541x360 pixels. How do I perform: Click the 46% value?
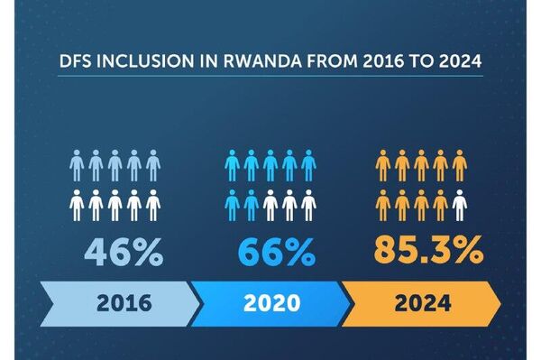[124, 251]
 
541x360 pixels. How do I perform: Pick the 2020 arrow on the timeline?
[271, 301]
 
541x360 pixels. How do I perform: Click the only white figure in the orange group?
[460, 206]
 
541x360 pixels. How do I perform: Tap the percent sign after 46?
[146, 251]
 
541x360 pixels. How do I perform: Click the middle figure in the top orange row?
[421, 165]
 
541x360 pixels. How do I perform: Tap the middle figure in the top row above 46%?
[115, 165]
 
